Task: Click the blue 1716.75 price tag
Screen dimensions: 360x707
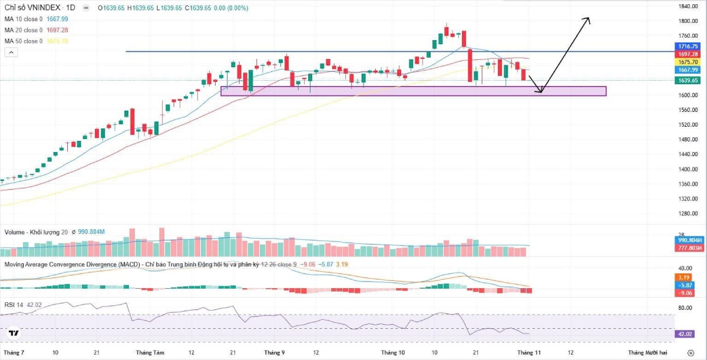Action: [x=688, y=46]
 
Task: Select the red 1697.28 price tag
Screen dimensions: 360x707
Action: [x=688, y=54]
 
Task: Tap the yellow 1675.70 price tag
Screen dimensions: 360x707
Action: [x=688, y=62]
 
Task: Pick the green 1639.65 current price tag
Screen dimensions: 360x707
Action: [x=688, y=81]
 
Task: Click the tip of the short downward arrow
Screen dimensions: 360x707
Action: [x=540, y=92]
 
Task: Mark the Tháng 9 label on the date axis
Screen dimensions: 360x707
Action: [x=275, y=352]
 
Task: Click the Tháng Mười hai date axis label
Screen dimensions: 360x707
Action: [x=647, y=352]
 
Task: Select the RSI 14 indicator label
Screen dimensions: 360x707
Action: [x=13, y=305]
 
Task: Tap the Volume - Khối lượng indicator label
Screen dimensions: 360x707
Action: [x=32, y=232]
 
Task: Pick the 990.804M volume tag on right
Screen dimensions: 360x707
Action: [x=688, y=240]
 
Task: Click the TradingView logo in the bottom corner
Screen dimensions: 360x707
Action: [x=14, y=334]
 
